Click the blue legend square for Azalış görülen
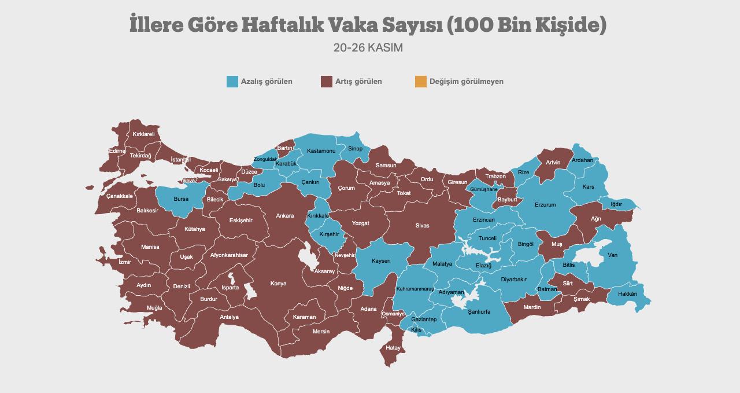tap(232, 82)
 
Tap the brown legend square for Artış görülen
tap(327, 82)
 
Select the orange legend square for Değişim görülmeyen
tap(421, 82)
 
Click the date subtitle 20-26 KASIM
tap(368, 48)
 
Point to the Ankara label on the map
tap(284, 216)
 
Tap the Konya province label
tap(278, 284)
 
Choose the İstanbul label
tap(181, 160)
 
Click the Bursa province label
tap(181, 199)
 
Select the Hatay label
tap(393, 348)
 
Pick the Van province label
tap(613, 255)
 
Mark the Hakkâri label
tap(627, 294)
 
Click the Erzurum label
tap(545, 205)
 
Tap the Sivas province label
tap(422, 226)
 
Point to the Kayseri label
tap(381, 261)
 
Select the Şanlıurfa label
tap(479, 311)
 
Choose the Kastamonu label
tap(321, 151)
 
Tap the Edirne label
tap(117, 151)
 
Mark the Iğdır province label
tap(616, 204)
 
